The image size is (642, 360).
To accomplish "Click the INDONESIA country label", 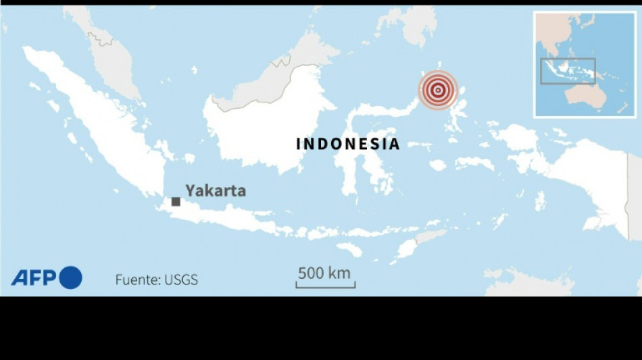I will click(x=348, y=144).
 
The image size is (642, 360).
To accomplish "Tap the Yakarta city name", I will click(x=216, y=191).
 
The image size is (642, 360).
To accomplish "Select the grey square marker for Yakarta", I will click(x=176, y=201).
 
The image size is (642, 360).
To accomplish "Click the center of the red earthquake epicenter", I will click(x=438, y=89).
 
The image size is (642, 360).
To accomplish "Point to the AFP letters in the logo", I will click(x=34, y=278).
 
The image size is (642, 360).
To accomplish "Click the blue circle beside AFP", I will click(x=70, y=278).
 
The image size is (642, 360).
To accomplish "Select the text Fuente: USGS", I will click(x=156, y=280).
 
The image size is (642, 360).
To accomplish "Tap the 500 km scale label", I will click(x=324, y=273).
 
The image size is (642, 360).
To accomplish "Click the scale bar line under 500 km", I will click(x=325, y=286).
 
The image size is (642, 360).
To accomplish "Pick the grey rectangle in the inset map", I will click(x=568, y=71).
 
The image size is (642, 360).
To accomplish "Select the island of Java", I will click(x=223, y=217).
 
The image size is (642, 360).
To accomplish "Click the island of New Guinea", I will click(x=595, y=176).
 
